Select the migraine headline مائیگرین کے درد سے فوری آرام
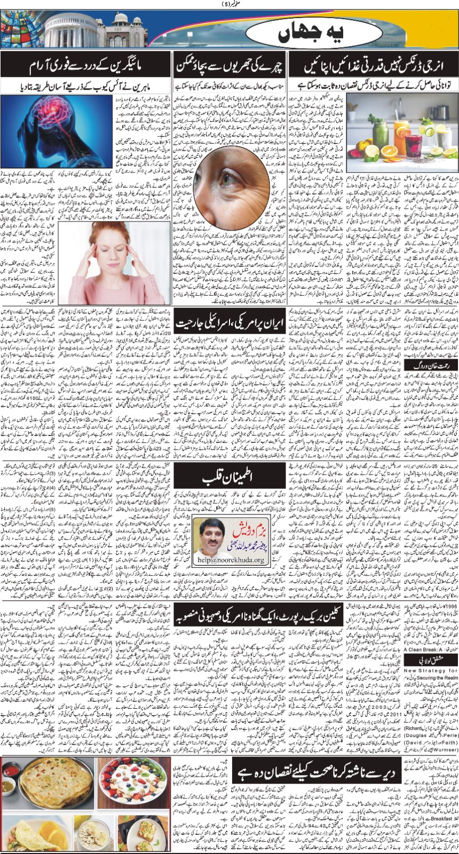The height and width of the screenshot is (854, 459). (85, 68)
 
